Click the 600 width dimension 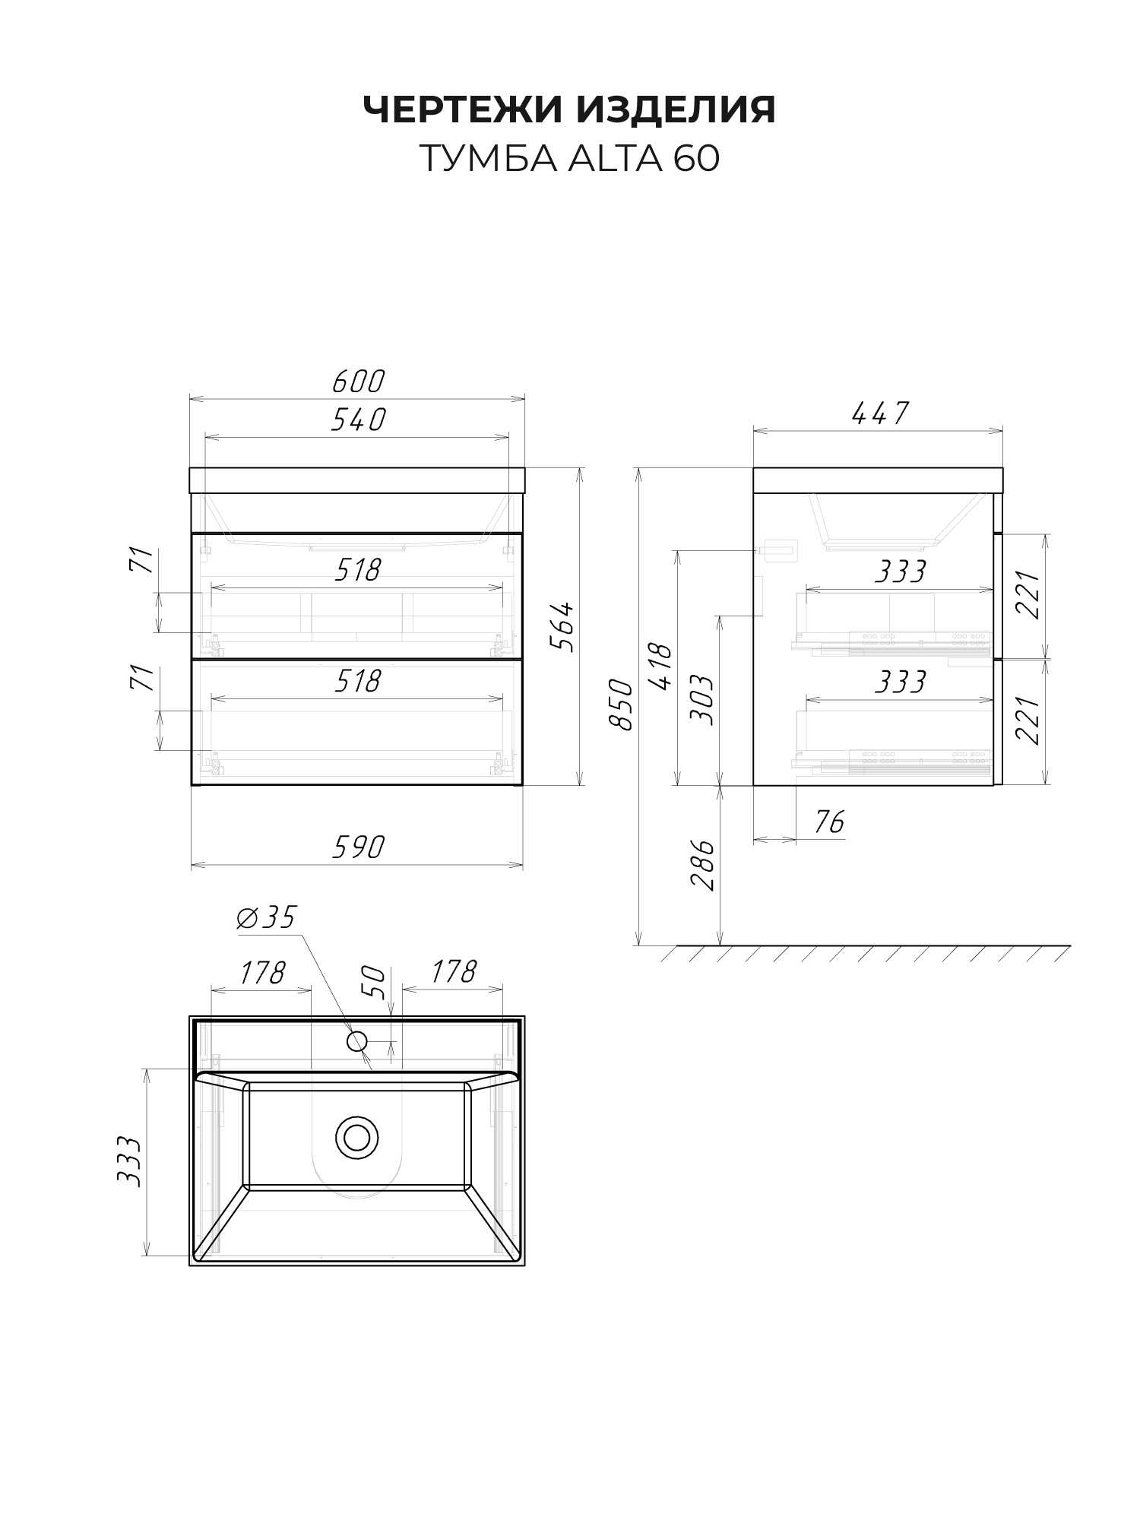coord(358,382)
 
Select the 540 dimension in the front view coord(358,420)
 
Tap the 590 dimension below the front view coord(358,847)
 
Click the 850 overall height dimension coord(622,705)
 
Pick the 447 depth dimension coord(879,413)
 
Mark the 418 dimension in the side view coord(660,667)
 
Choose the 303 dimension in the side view coord(703,699)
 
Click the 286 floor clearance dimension coord(703,864)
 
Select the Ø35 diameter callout coord(265,918)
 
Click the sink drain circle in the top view coord(356,1138)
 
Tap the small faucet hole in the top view coord(357,1040)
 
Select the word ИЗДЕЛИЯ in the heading coord(676,110)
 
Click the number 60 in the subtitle coord(696,160)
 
